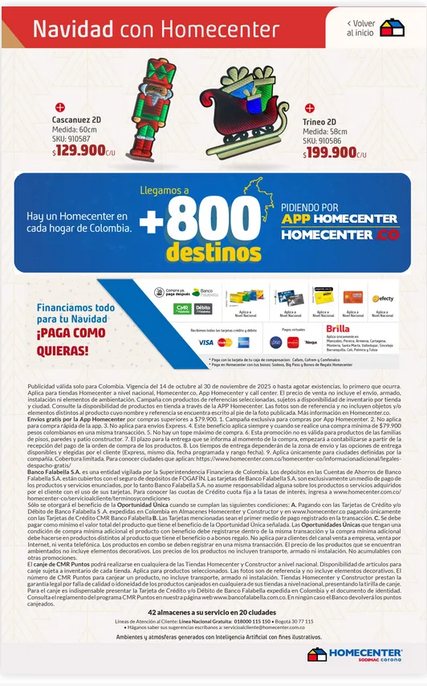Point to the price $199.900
pos(331,152)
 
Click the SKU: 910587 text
pos(72,138)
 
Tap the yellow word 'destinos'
pos(209,253)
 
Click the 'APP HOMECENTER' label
pos(340,218)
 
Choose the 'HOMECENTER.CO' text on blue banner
pos(340,235)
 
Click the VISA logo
pos(205,343)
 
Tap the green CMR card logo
pos(182,309)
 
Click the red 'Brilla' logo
pos(338,329)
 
